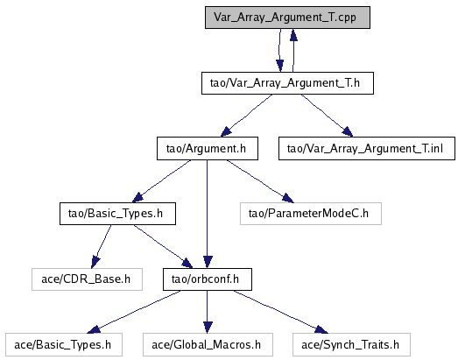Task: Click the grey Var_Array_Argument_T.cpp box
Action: (x=287, y=18)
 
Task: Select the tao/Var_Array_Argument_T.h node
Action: (x=287, y=83)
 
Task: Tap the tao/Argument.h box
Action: (x=208, y=149)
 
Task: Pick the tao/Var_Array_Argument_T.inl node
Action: (x=367, y=149)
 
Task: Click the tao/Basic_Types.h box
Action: (x=117, y=214)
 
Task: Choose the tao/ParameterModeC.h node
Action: (x=311, y=214)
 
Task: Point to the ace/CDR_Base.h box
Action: (x=87, y=279)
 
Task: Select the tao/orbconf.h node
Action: (x=208, y=279)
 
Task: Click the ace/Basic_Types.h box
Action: (x=64, y=345)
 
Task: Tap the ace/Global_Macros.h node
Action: (x=208, y=345)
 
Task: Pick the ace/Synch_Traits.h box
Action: (x=351, y=345)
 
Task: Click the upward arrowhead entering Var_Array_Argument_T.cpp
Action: (x=293, y=34)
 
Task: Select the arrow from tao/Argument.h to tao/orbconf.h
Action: (x=207, y=214)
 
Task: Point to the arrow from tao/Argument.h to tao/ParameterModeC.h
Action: (x=260, y=181)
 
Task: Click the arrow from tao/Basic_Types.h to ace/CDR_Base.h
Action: (x=101, y=246)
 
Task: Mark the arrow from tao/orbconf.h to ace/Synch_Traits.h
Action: (x=280, y=312)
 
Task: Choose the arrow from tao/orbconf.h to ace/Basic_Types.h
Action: (x=134, y=312)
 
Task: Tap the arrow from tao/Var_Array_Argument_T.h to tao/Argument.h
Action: (x=246, y=116)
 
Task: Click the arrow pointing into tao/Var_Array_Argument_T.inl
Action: (x=328, y=116)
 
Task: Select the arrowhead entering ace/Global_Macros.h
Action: (x=208, y=328)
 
